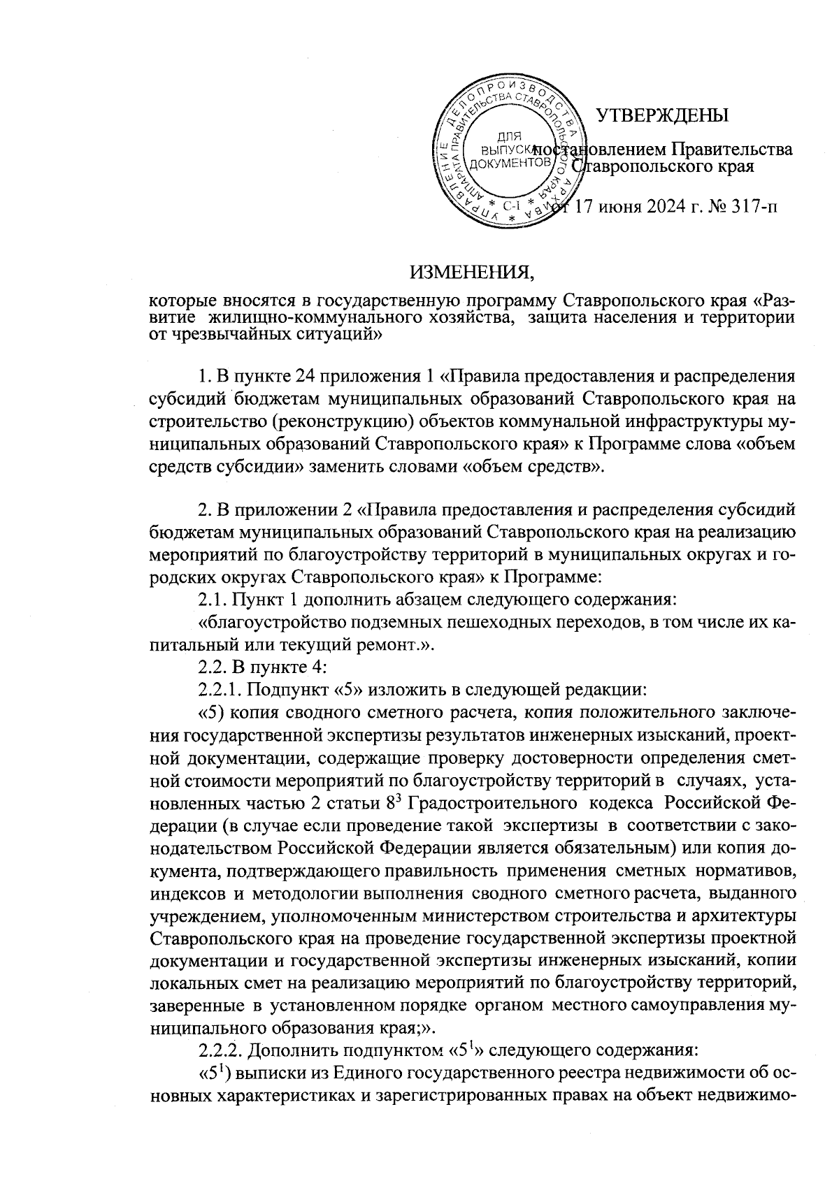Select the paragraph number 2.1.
coord(212,598)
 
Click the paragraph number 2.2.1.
coord(220,690)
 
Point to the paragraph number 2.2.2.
coord(221,1049)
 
